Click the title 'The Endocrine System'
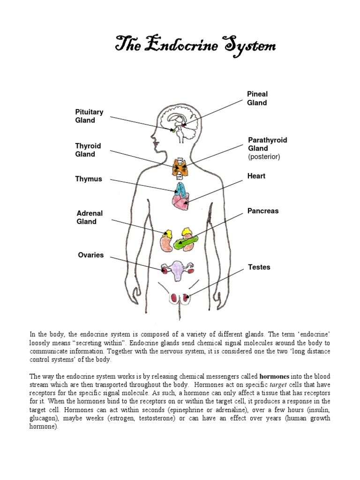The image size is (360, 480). pos(195,46)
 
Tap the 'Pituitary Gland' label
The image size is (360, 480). pos(89,116)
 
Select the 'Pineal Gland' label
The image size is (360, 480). pos(257,98)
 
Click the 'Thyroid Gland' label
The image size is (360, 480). pos(88,150)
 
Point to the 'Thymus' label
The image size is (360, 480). pos(88,179)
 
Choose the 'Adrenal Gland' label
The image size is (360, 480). pos(90,217)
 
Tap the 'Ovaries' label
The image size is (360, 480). pos(90,255)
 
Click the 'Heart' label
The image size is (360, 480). pos(256,176)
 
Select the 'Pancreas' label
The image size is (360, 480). pos(263,211)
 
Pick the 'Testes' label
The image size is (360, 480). pos(259,267)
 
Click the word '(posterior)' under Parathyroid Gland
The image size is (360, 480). pos(264,157)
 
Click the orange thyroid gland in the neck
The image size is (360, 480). pos(180,168)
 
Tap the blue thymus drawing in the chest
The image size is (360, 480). pos(181,189)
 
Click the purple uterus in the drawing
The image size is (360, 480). pos(177,271)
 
